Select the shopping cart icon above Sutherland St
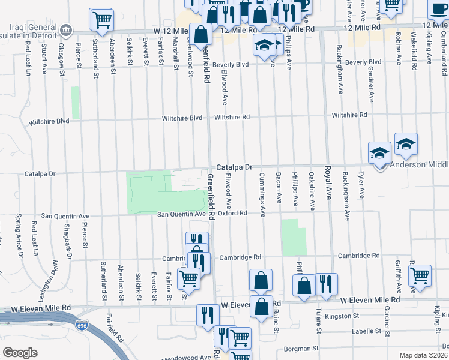pos(101,19)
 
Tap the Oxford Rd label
pos(232,213)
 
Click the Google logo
pos(20,352)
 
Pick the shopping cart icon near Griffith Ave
pos(420,275)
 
